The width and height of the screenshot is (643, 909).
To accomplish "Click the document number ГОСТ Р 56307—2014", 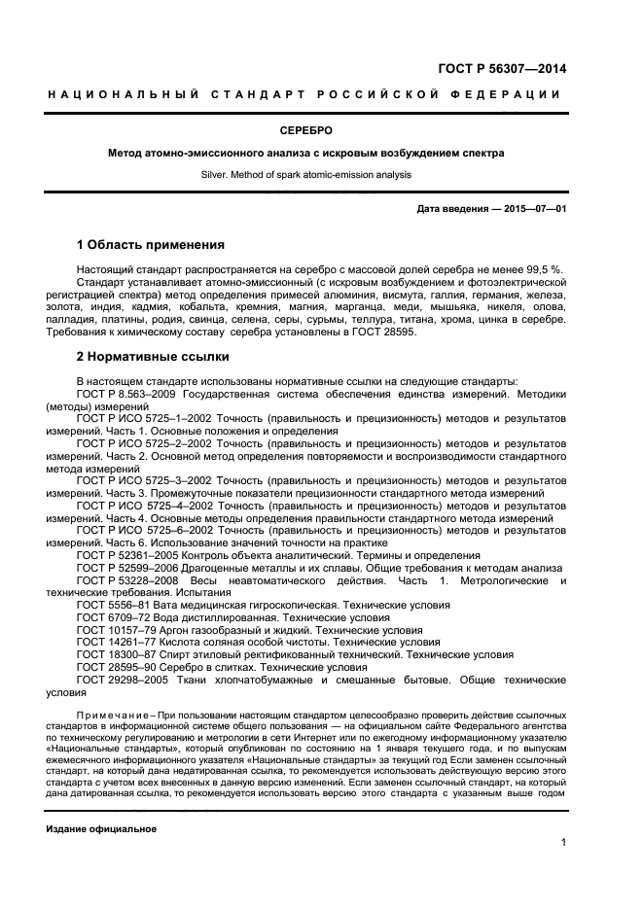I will pyautogui.click(x=502, y=69).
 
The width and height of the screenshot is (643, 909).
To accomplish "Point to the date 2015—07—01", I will pyautogui.click(x=533, y=209).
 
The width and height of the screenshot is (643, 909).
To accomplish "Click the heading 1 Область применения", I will pyautogui.click(x=150, y=244).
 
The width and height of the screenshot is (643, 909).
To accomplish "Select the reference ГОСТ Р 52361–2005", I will pyautogui.click(x=130, y=555).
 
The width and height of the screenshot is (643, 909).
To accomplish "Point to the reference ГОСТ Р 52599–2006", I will pyautogui.click(x=130, y=568).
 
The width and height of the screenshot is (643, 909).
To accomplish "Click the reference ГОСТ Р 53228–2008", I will pyautogui.click(x=132, y=580).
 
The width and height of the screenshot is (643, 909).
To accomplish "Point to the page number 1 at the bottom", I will pyautogui.click(x=563, y=843).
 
